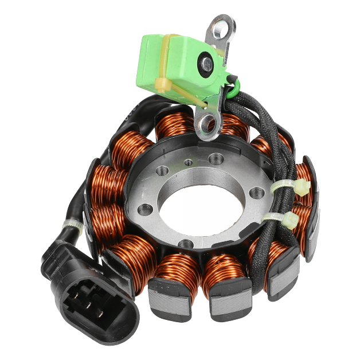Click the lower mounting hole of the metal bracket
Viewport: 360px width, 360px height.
(x=207, y=121)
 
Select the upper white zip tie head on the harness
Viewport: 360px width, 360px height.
(x=299, y=186)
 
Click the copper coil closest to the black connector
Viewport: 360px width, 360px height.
(x=132, y=252)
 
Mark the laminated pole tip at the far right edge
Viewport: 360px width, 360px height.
(x=312, y=229)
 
